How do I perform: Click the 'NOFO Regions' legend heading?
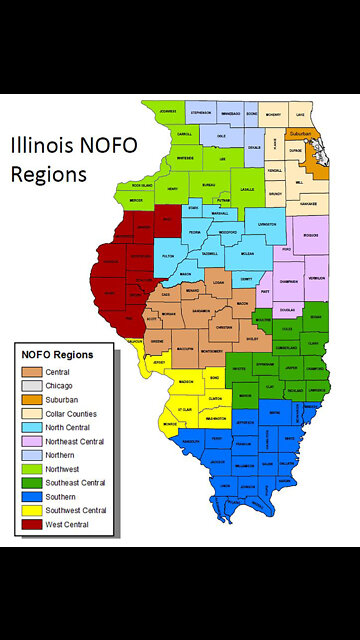[58, 354]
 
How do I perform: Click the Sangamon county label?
[202, 311]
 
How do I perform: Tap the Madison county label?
[186, 381]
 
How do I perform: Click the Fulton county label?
[167, 257]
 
